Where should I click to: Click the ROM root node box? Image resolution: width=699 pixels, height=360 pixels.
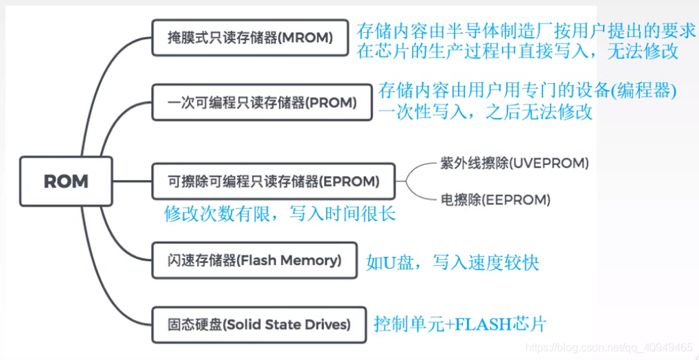coord(65,181)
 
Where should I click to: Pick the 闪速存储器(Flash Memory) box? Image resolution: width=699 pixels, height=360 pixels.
coord(254,260)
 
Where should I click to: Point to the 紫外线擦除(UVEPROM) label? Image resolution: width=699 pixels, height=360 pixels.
coord(514,164)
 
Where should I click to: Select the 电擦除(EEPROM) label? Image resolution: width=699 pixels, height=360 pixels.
coord(495,200)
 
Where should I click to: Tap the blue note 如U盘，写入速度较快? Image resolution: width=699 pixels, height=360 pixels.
coord(452,262)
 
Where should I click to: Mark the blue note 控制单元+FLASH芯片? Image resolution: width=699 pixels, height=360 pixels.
coord(460,324)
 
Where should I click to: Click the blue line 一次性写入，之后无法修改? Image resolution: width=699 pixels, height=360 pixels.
coord(485,112)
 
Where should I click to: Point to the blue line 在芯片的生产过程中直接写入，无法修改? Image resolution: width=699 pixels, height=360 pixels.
coord(518,51)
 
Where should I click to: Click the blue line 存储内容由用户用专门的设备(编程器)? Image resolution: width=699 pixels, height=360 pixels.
coord(527,91)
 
